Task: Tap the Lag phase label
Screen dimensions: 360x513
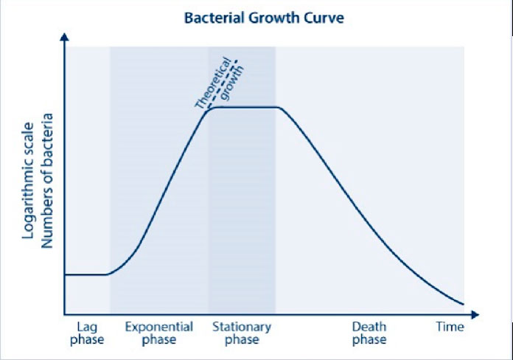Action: point(87,333)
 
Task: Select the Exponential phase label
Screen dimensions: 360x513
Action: point(159,333)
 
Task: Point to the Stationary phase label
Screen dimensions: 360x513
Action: point(242,333)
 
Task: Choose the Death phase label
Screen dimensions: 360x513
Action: point(369,333)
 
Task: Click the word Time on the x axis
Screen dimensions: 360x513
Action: point(450,327)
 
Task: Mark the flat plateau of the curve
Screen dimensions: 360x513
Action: point(243,108)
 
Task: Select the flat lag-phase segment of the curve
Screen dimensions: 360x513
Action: point(87,274)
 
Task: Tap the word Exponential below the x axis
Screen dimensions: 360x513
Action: point(159,327)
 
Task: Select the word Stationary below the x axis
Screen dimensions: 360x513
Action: point(242,327)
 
